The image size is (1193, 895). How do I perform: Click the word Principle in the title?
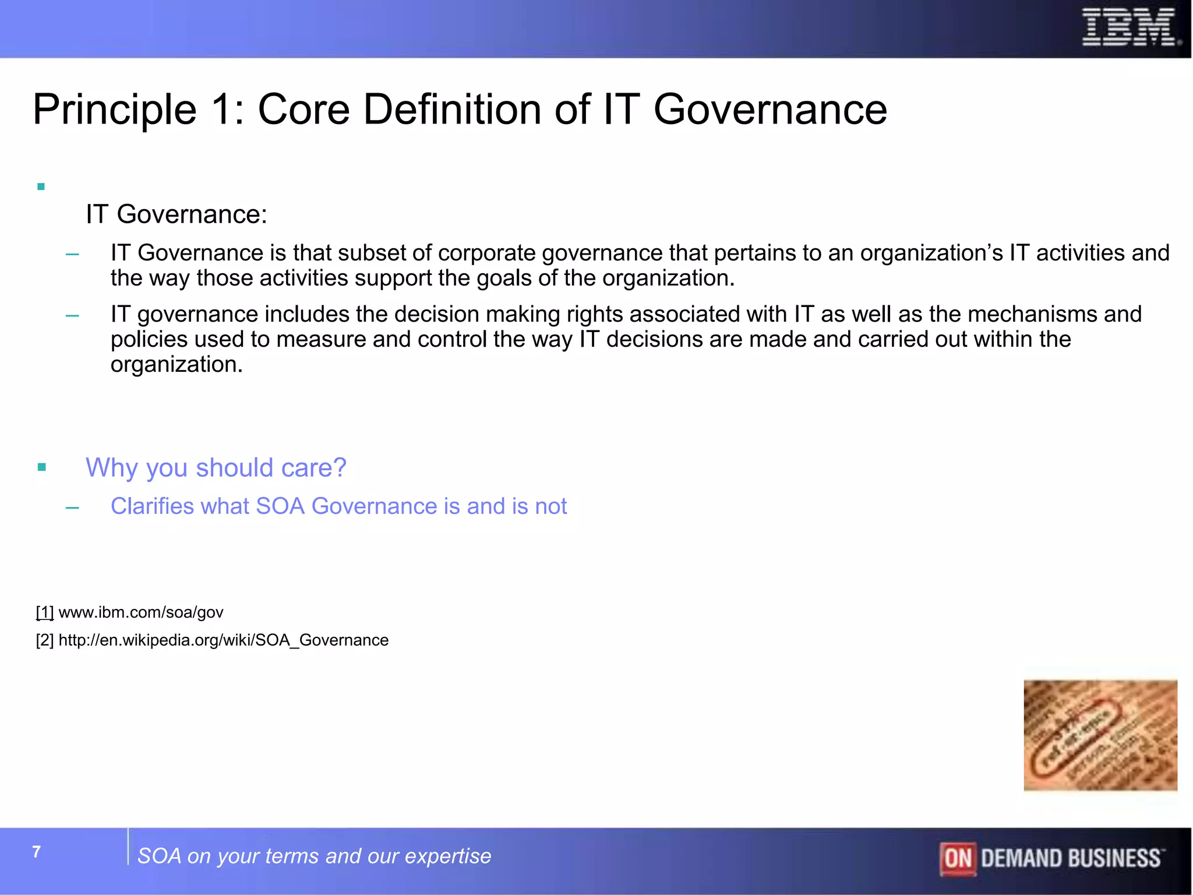115,110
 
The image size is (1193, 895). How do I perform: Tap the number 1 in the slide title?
223,110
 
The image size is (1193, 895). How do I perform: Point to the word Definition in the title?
453,110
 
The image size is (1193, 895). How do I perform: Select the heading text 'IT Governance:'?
176,214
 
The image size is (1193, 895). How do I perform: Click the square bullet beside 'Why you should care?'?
41,467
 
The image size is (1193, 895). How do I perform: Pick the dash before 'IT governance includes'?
72,315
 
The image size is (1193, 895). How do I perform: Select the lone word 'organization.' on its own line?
177,365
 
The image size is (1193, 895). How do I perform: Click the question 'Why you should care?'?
216,467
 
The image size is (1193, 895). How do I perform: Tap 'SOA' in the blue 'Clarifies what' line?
280,506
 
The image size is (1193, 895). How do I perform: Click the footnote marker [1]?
45,612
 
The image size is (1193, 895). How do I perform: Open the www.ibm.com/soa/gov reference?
141,612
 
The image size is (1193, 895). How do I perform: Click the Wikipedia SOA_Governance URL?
223,640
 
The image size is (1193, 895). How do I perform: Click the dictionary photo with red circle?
1100,735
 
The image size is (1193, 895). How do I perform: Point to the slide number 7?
36,852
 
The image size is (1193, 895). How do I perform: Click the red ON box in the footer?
958,858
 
